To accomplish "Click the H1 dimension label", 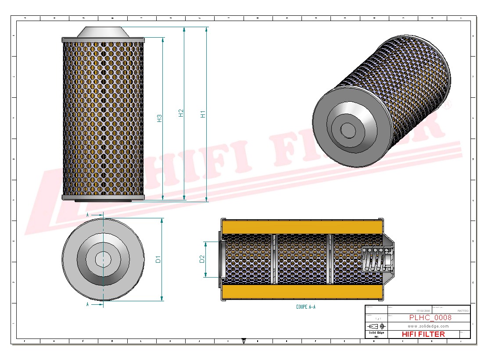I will (203, 114).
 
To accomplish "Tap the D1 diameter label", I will (158, 259).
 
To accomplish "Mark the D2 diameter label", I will (202, 259).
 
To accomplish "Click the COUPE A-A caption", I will (305, 307).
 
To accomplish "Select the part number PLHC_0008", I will (430, 318).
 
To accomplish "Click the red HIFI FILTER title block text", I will (423, 334).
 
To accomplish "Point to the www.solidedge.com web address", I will (428, 326).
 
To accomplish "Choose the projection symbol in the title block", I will (377, 326).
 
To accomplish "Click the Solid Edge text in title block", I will (377, 333).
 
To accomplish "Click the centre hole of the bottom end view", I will (103, 259).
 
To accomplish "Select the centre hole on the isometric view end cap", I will (348, 130).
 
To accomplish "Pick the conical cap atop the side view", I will (103, 32).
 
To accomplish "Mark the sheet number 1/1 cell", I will (377, 319).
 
